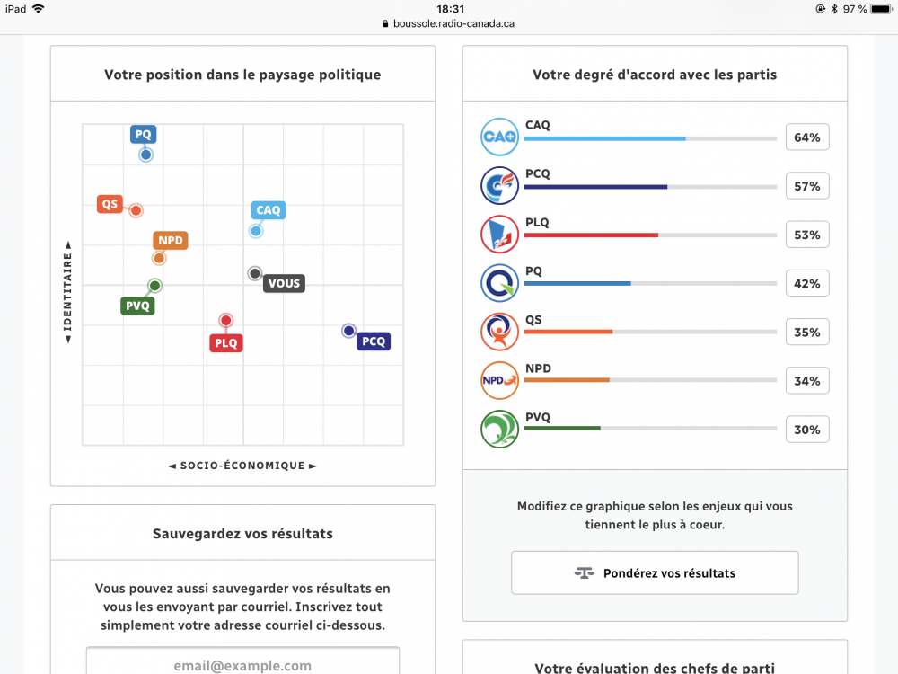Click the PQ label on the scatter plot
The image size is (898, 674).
tap(143, 135)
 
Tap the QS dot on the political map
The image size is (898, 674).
tap(136, 210)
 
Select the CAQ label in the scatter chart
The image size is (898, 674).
tap(269, 210)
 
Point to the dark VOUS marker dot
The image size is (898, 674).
tap(255, 273)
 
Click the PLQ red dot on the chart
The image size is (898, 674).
tap(226, 320)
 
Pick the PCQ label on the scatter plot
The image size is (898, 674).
tap(374, 341)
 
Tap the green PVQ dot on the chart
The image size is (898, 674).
tap(154, 286)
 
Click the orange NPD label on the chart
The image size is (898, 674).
tap(171, 241)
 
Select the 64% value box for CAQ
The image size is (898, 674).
tap(806, 137)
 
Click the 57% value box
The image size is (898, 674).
tap(806, 186)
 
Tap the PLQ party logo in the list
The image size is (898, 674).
tap(499, 235)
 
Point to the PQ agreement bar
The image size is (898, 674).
tap(650, 284)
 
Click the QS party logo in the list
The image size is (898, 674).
tap(499, 332)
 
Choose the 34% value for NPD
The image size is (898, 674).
tap(806, 381)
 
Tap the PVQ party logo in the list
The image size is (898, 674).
tap(499, 429)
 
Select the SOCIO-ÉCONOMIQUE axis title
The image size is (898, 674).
tap(242, 466)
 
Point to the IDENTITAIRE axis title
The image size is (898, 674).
tap(67, 291)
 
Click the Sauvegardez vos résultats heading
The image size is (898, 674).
tap(242, 534)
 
